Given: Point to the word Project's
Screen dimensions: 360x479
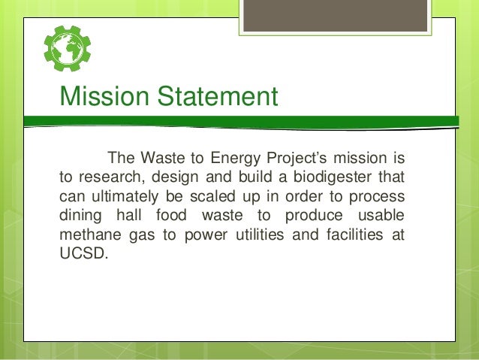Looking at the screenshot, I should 300,159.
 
